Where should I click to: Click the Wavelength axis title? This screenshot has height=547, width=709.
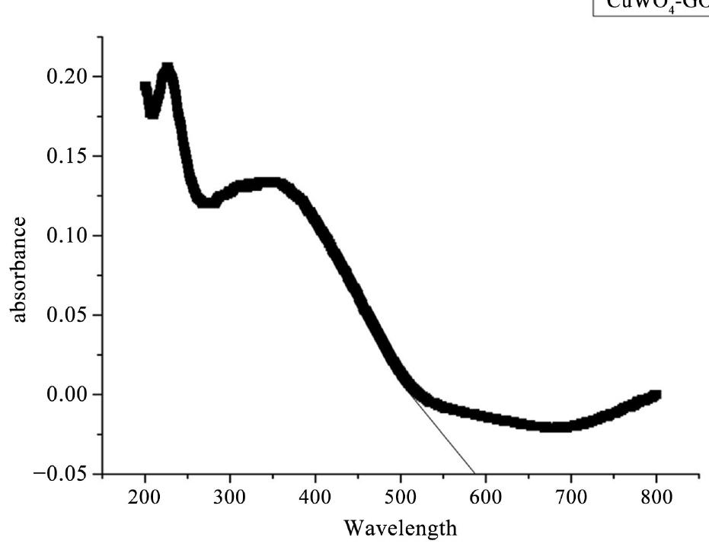tap(401, 528)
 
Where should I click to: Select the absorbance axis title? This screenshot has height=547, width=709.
tap(20, 259)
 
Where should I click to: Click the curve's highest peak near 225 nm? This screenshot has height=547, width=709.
tap(168, 70)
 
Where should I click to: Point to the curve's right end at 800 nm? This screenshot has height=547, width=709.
tap(656, 395)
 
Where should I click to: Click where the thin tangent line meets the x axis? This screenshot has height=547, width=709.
tap(474, 474)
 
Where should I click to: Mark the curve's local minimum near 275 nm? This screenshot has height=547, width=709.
tap(207, 202)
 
